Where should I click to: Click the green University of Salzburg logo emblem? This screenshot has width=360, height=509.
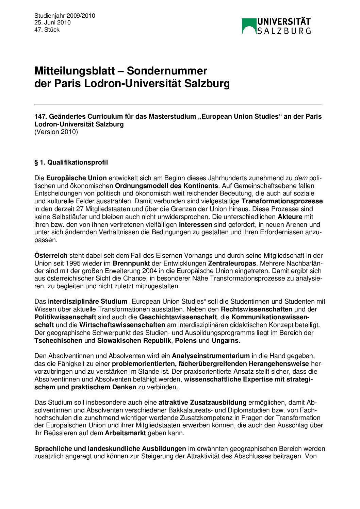point(249,26)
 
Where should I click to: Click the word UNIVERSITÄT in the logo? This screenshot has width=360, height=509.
point(284,22)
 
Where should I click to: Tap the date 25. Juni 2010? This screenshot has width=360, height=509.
point(52,22)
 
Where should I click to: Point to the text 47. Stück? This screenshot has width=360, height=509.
point(47,30)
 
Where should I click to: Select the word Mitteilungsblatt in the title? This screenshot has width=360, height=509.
point(75,71)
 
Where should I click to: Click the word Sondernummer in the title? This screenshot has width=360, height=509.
point(167,71)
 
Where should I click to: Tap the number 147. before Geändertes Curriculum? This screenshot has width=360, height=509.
point(41,117)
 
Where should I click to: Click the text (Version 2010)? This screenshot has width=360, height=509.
point(56,132)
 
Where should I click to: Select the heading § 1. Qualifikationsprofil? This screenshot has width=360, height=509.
point(71,163)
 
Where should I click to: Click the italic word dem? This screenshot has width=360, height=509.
point(301,178)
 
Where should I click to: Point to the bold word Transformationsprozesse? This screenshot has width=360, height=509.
point(282,201)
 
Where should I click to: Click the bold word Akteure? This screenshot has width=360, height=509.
point(290,217)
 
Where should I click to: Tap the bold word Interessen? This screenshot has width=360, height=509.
point(195,224)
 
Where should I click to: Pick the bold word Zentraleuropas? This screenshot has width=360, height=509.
point(232,264)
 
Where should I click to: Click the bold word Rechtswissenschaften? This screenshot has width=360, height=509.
point(257,309)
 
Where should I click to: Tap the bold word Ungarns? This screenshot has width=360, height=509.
point(225,341)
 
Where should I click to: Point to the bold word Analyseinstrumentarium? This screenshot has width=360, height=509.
point(211,356)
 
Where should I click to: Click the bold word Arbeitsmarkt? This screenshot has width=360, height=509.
point(125,433)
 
